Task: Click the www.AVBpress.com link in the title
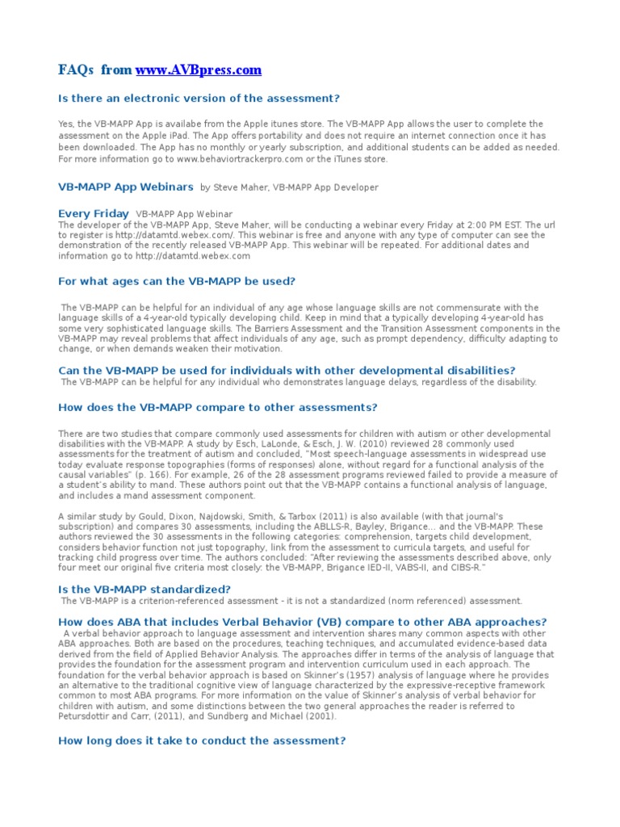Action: tap(199, 70)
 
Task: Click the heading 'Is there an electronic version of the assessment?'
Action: tap(199, 99)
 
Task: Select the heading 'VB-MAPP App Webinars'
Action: tap(126, 187)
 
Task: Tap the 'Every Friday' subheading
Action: tap(94, 213)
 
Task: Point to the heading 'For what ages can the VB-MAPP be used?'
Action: tap(177, 281)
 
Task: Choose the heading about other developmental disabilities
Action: tap(287, 370)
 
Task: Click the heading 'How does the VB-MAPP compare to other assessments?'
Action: tap(218, 407)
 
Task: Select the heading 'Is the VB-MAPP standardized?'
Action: tap(145, 590)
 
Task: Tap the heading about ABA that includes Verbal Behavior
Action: tap(303, 622)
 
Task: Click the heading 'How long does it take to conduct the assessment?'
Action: tap(202, 740)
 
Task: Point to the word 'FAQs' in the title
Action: tap(77, 70)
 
